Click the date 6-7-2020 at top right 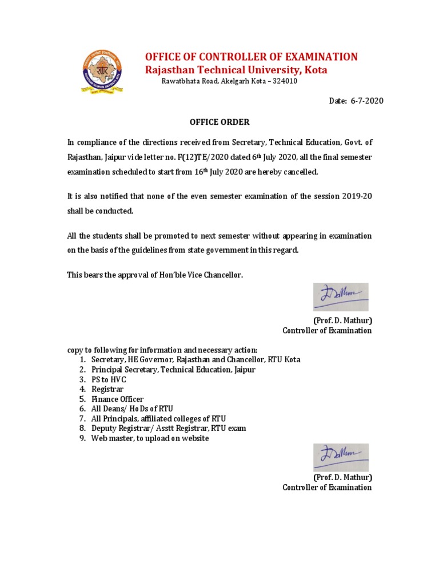coord(365,101)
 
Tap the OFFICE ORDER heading coord(219,122)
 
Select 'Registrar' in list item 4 coord(107,389)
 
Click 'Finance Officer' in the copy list coord(117,399)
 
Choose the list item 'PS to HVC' coord(109,379)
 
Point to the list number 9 coord(82,438)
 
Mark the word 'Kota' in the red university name coord(315,70)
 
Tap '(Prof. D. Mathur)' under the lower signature coord(342,477)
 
